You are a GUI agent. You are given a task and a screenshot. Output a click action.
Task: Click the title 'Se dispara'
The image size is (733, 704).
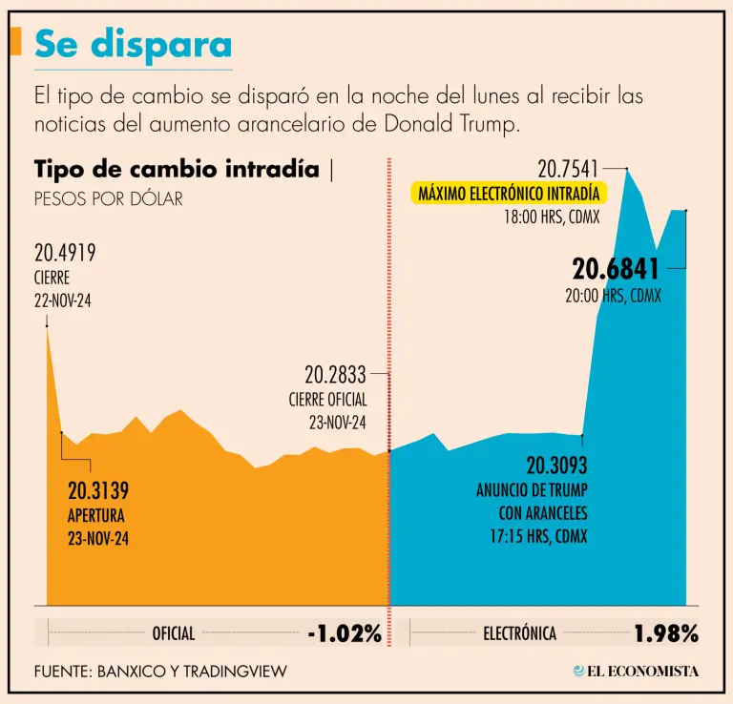click(x=133, y=44)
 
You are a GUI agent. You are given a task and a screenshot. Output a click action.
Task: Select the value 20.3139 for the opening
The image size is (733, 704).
click(x=98, y=491)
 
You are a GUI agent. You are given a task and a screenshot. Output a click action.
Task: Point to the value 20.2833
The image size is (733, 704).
click(x=336, y=375)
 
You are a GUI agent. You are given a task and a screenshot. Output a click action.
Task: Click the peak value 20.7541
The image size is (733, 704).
click(x=568, y=169)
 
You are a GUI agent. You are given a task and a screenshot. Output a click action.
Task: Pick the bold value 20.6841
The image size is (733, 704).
click(x=616, y=270)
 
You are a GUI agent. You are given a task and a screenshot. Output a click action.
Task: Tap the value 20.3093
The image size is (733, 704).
click(x=556, y=466)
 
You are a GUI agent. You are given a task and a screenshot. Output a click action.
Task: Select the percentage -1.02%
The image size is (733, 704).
click(x=344, y=632)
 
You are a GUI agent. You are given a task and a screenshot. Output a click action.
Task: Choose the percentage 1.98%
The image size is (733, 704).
click(x=666, y=632)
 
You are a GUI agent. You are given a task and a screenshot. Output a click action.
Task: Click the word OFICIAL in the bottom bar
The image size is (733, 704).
click(x=174, y=633)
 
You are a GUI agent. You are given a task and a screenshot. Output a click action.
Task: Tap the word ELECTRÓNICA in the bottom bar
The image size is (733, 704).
click(x=519, y=633)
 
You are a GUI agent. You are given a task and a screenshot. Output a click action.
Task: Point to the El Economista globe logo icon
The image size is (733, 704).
click(x=579, y=671)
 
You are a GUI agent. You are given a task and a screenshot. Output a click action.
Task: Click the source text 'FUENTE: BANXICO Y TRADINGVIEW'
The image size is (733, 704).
click(x=160, y=672)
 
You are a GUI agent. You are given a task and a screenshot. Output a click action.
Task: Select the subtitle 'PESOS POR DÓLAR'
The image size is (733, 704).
click(x=108, y=199)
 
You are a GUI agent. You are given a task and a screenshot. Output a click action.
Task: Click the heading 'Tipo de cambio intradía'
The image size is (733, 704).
click(x=177, y=170)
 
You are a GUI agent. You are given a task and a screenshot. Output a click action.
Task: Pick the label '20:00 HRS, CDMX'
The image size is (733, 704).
click(x=613, y=296)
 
